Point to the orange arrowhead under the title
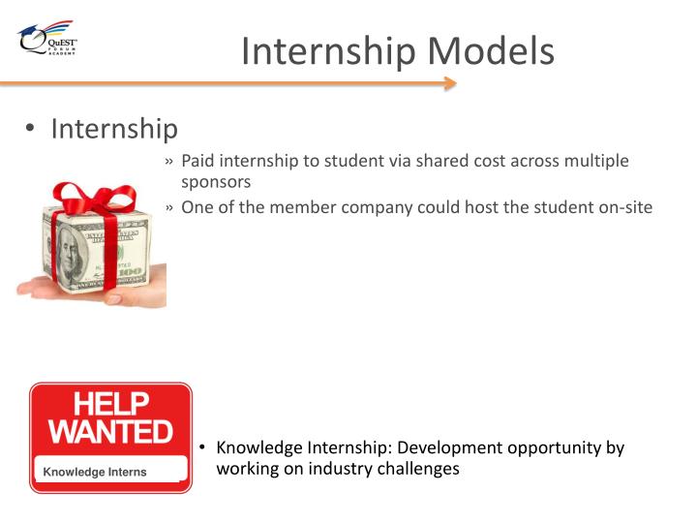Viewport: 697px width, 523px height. click(x=449, y=84)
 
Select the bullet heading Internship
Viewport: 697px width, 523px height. click(x=114, y=129)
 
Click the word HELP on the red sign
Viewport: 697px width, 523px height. click(x=111, y=405)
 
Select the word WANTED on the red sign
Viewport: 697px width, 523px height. click(x=110, y=431)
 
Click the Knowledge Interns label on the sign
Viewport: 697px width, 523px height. click(x=94, y=472)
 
